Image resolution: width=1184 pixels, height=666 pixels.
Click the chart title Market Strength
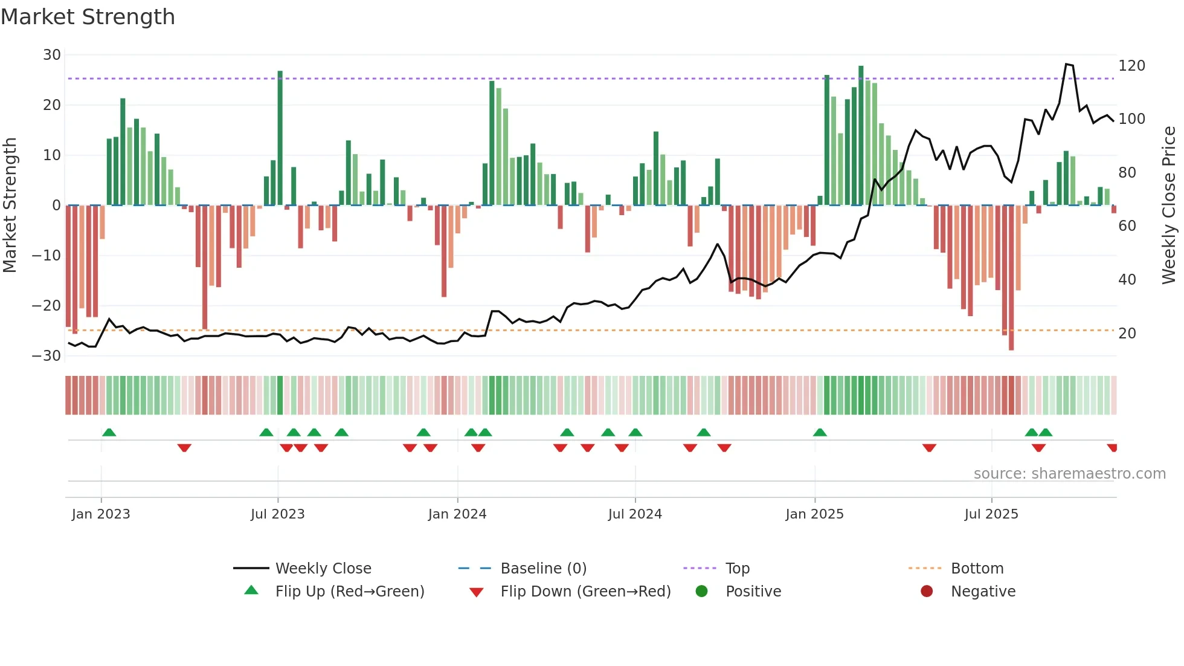pos(88,17)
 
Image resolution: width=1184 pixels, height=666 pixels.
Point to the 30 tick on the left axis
pos(52,55)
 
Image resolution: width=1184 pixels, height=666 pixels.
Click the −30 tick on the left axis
pos(47,356)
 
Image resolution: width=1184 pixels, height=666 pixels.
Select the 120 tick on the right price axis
pos(1131,66)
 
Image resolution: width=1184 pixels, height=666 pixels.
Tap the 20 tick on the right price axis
pos(1127,334)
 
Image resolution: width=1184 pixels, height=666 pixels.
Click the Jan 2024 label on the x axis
pos(457,514)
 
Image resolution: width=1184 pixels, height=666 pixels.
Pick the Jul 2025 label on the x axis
pos(991,514)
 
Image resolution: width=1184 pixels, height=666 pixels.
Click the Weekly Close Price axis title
pos(1169,205)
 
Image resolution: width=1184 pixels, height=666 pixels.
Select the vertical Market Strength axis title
pos(10,205)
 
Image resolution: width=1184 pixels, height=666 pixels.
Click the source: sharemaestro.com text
pos(1069,474)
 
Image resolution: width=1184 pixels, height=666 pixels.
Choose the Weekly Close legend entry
pos(323,569)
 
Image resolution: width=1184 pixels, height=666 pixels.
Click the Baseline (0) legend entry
pos(543,569)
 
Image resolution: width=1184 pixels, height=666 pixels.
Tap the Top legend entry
pos(737,569)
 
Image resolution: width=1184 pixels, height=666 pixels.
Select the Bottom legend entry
pos(977,569)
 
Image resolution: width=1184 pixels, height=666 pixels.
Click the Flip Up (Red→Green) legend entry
pos(350,592)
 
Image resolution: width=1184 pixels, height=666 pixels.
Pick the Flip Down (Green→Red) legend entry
pos(585,592)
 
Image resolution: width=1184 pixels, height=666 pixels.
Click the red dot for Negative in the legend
pos(927,592)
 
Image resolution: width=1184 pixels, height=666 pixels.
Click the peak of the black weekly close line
pos(1067,64)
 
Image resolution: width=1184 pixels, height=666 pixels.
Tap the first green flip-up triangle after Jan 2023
pos(109,433)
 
